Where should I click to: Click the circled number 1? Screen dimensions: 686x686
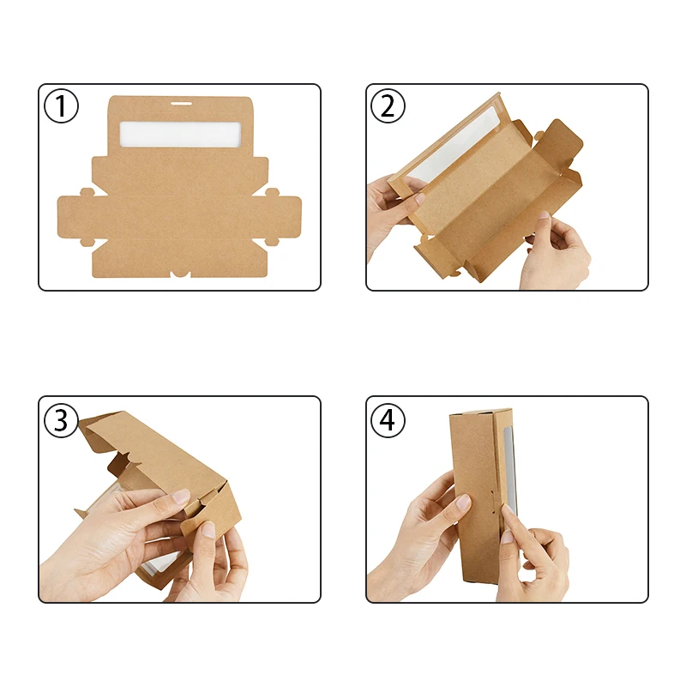tap(62, 106)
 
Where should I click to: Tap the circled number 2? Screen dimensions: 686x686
tap(388, 106)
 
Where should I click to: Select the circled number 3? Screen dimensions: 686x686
tap(62, 420)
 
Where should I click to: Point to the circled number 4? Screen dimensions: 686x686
tap(388, 420)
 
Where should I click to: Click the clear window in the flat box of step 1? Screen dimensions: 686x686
tap(181, 133)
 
